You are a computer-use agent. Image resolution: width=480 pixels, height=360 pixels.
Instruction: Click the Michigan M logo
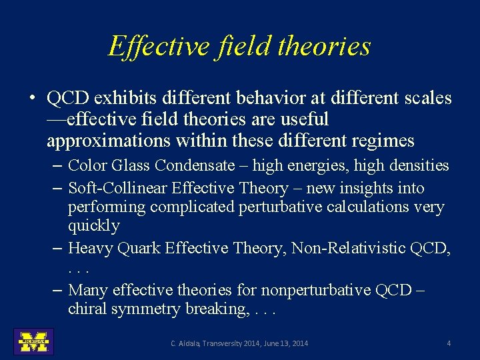click(x=33, y=341)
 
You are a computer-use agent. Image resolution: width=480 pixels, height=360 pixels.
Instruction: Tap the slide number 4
click(x=449, y=343)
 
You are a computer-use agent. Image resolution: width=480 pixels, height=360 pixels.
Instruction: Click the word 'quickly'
click(x=93, y=226)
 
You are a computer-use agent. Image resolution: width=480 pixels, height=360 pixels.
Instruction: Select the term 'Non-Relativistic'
click(x=349, y=249)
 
